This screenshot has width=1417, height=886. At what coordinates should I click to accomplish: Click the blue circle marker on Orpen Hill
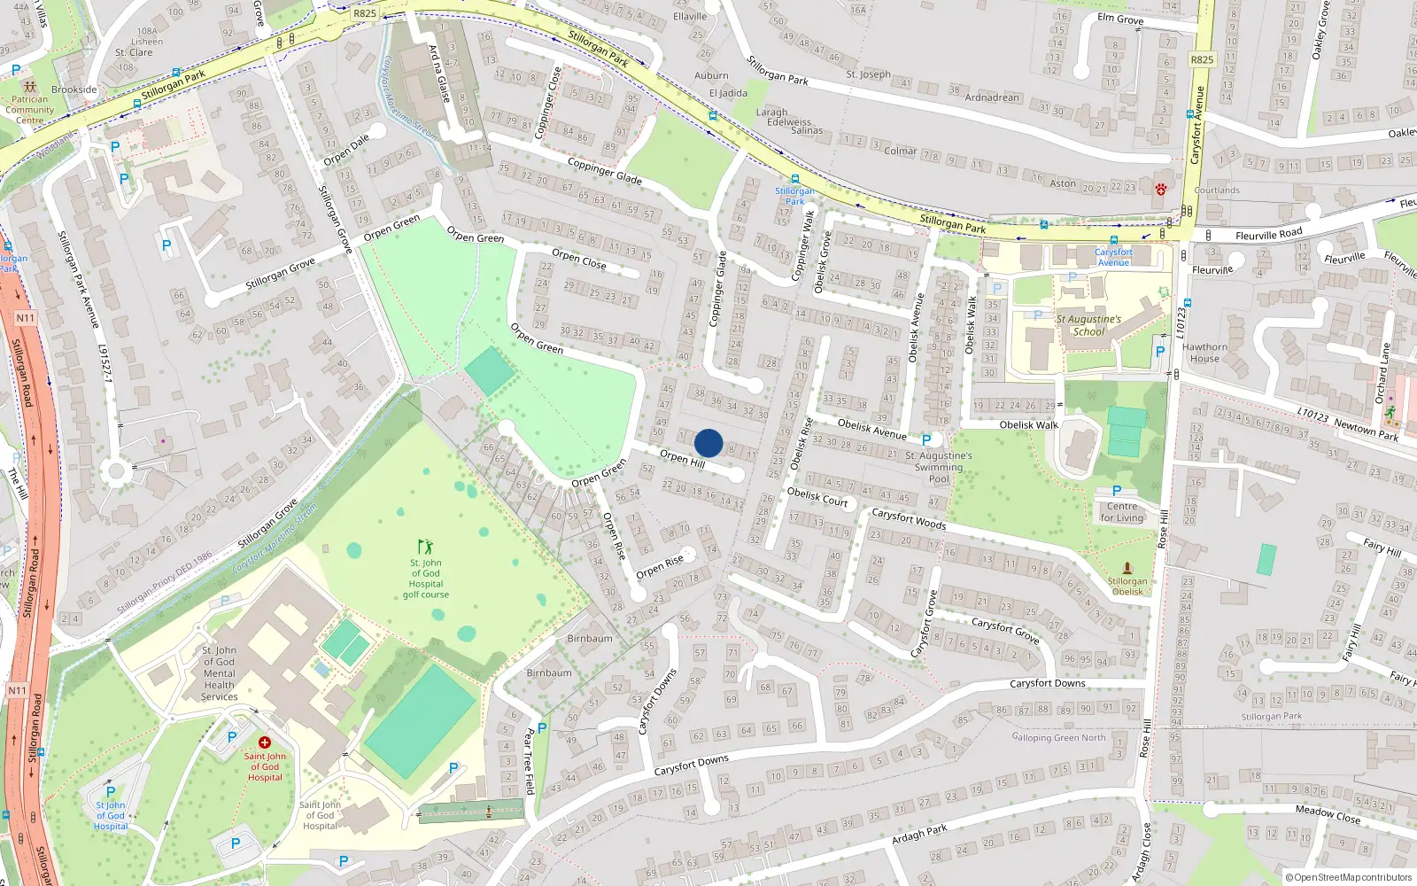708,443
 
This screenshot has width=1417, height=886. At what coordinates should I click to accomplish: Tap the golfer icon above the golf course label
426,547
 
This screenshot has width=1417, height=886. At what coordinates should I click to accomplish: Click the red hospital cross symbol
264,742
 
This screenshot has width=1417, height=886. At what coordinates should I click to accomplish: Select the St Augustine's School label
1088,325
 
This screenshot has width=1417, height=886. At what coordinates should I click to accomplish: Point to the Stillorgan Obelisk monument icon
1127,567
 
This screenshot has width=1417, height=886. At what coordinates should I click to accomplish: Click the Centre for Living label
1122,512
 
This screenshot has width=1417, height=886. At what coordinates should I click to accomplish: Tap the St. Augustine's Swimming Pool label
939,467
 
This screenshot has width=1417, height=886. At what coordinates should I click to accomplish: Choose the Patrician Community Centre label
29,110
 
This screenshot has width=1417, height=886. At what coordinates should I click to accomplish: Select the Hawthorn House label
1204,353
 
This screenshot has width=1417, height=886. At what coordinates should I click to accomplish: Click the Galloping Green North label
1058,737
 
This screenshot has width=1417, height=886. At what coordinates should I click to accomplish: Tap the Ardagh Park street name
919,834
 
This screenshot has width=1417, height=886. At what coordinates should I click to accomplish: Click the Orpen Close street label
579,259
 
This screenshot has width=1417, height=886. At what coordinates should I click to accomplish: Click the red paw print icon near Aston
1160,189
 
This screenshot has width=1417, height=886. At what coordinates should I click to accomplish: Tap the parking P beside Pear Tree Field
542,728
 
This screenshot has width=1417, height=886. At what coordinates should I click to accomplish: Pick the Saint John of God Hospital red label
265,767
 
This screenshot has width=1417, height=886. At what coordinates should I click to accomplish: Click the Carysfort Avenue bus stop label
1113,257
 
